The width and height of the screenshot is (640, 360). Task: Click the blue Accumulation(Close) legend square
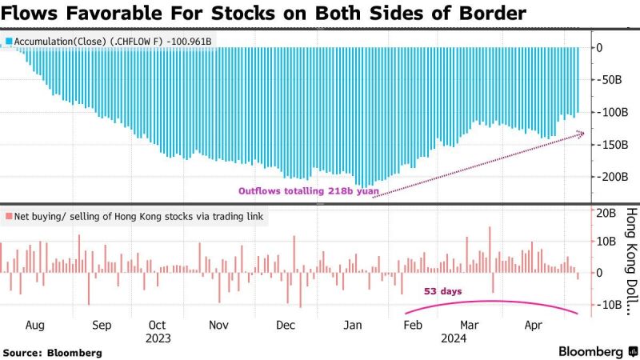[x=7, y=39]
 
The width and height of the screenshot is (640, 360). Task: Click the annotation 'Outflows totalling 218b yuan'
[x=304, y=190]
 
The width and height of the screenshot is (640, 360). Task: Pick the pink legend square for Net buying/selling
[x=7, y=216]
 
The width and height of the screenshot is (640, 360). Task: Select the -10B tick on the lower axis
[x=607, y=304]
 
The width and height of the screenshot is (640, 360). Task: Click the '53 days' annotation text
[x=443, y=291]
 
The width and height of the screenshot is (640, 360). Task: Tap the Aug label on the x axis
[x=34, y=326]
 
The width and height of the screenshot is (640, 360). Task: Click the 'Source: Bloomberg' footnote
[x=52, y=352]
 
